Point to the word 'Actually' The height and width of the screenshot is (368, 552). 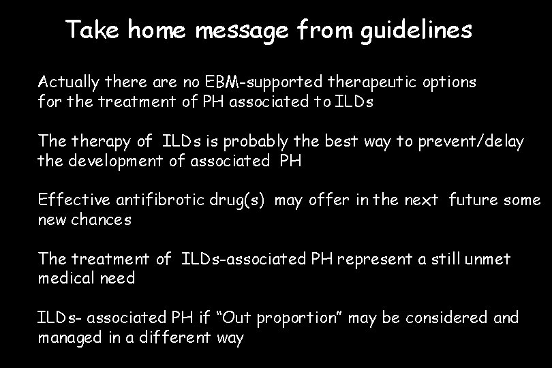click(67, 83)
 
